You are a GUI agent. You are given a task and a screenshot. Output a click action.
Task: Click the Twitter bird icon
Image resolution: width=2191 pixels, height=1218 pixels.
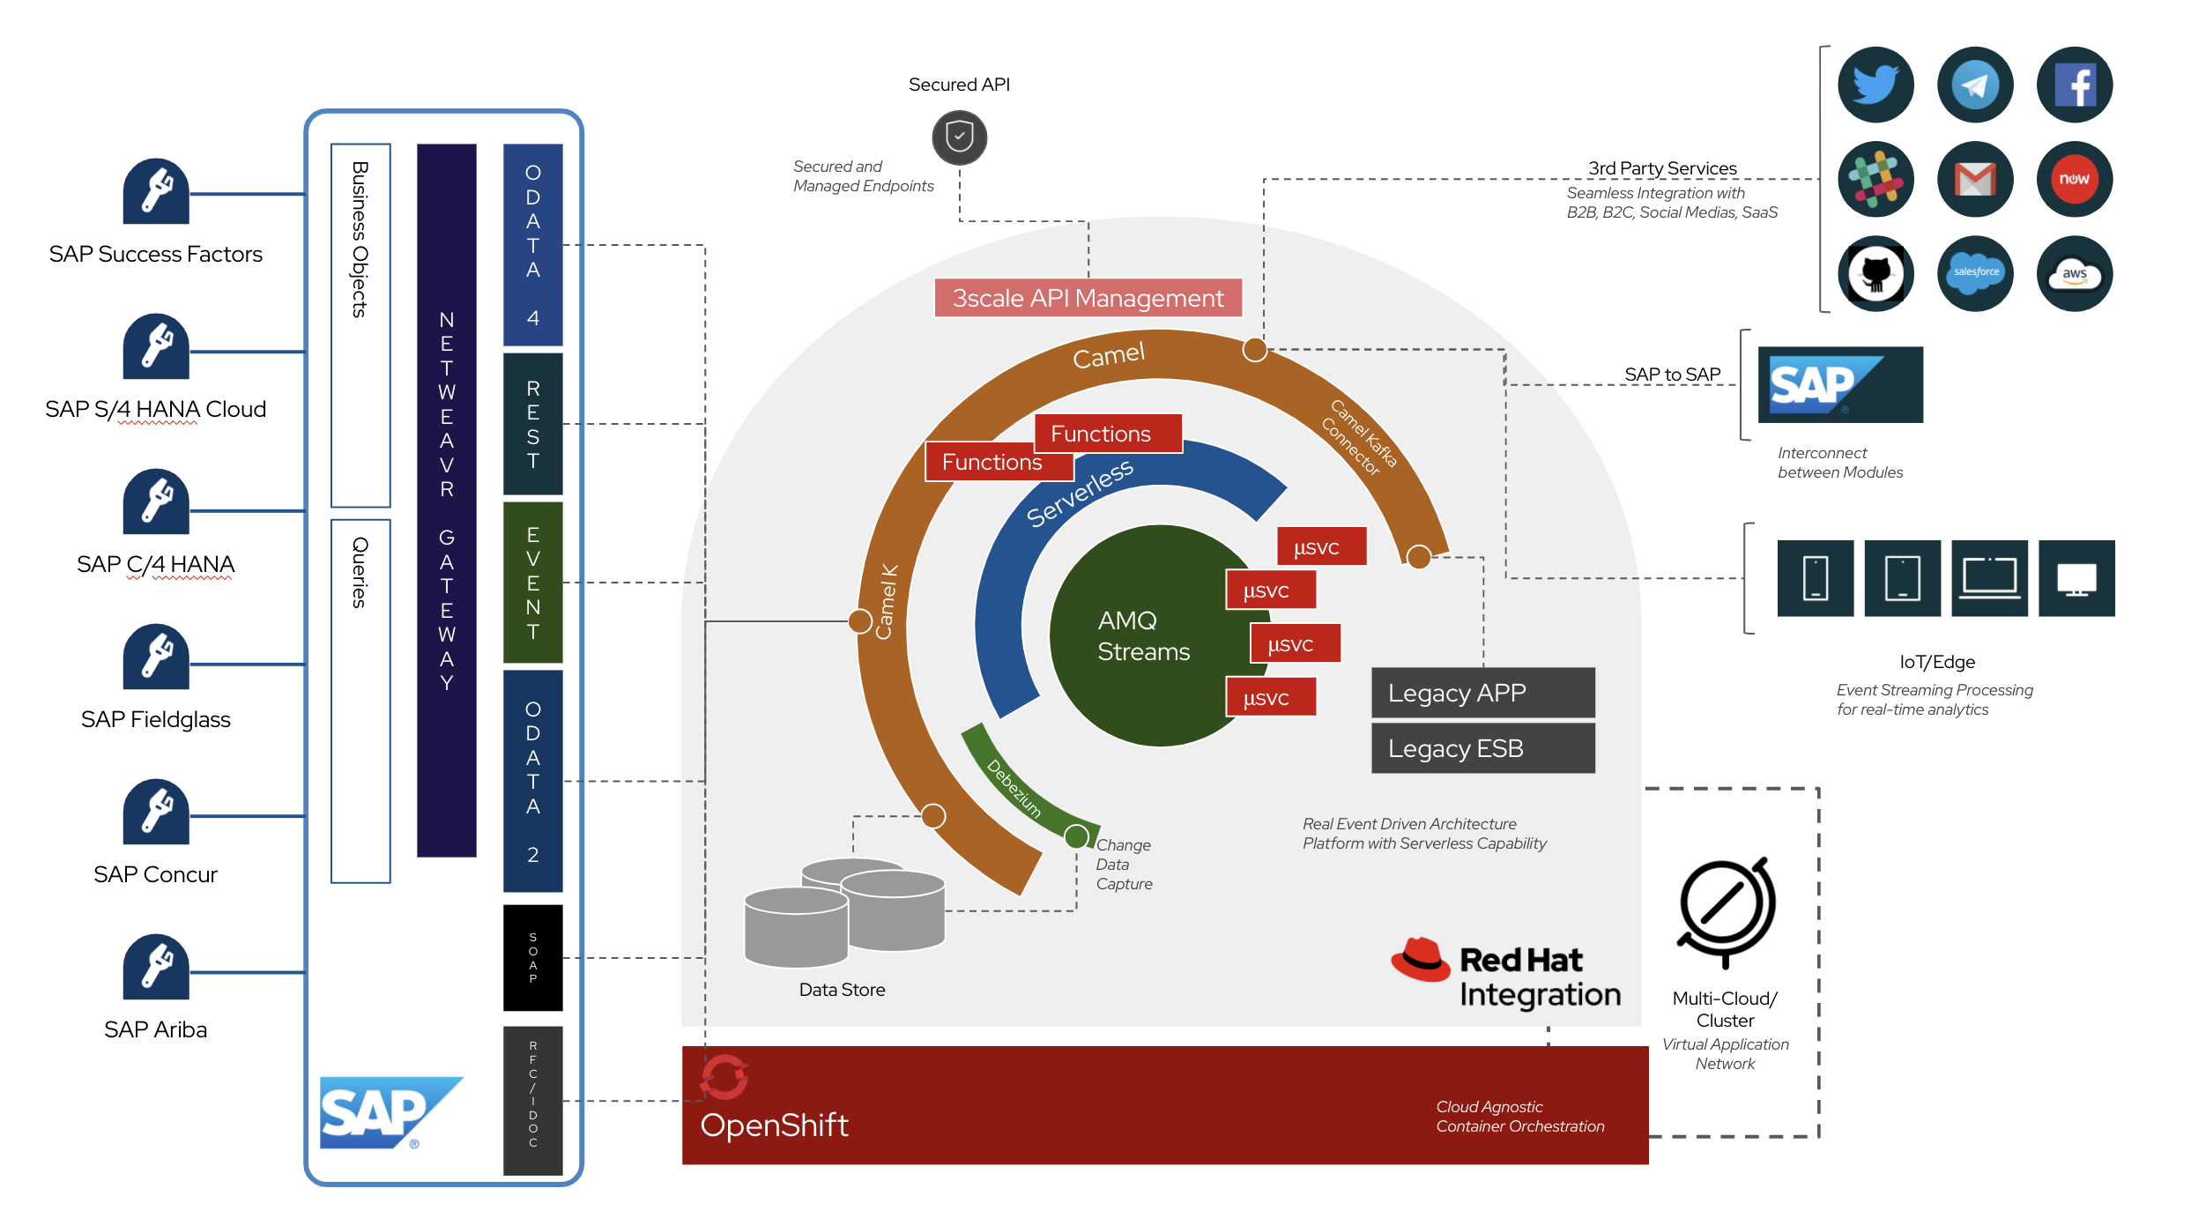click(1875, 85)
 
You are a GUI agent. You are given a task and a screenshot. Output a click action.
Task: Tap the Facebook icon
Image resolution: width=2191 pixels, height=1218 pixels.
click(2074, 85)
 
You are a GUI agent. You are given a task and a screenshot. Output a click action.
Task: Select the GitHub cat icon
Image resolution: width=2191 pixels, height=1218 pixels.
click(1875, 273)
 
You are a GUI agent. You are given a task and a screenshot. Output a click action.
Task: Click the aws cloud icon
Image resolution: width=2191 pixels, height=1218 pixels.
click(2074, 273)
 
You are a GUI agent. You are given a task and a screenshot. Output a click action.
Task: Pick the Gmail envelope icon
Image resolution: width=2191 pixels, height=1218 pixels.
click(1974, 179)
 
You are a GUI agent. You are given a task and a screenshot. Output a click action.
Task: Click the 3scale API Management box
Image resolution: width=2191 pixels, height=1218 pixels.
click(1088, 298)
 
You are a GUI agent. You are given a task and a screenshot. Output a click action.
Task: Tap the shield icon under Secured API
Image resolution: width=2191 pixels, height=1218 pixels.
click(959, 137)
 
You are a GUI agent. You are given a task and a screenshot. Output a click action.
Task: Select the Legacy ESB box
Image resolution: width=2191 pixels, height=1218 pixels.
click(1482, 748)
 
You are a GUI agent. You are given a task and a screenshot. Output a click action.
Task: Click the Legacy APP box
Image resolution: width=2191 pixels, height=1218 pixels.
click(1482, 693)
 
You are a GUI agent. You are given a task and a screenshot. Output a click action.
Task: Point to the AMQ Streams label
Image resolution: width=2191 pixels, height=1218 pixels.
click(1143, 635)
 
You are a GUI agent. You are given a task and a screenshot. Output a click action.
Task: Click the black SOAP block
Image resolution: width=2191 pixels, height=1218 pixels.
click(532, 957)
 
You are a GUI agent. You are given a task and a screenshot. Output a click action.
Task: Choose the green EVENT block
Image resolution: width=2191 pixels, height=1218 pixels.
click(532, 583)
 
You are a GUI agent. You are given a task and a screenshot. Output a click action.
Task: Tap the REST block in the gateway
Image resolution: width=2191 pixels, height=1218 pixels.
click(532, 424)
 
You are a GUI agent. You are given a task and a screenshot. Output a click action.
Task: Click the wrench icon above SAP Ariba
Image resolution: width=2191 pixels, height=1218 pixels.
click(156, 966)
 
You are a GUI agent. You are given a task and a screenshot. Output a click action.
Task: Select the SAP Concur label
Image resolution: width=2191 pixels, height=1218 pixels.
click(155, 874)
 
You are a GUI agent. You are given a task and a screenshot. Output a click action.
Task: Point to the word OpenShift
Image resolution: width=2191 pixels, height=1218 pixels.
click(774, 1125)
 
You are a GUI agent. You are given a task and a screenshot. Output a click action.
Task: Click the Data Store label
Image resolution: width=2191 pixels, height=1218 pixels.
click(842, 990)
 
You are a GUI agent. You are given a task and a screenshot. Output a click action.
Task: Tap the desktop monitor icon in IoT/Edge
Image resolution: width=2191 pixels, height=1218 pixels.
click(2076, 578)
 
